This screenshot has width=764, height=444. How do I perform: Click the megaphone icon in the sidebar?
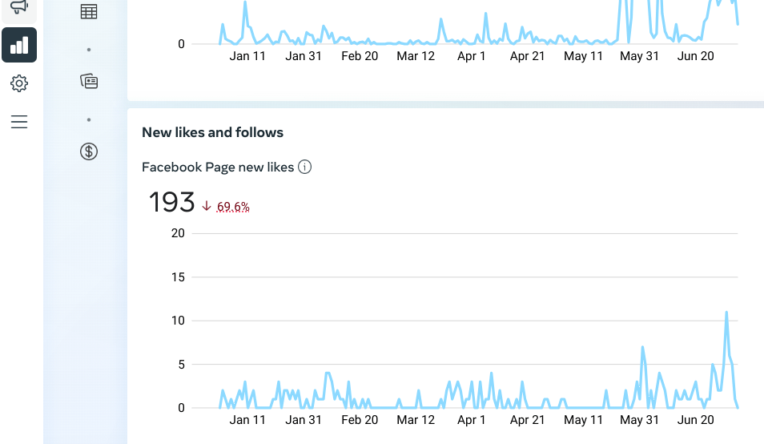pyautogui.click(x=19, y=7)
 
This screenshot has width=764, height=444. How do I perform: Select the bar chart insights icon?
pyautogui.click(x=19, y=45)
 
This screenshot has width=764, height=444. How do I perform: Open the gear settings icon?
pyautogui.click(x=19, y=83)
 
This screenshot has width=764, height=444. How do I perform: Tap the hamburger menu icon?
pyautogui.click(x=19, y=122)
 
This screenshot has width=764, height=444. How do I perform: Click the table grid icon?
pyautogui.click(x=89, y=12)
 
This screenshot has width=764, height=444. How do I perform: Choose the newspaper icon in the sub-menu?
pyautogui.click(x=89, y=81)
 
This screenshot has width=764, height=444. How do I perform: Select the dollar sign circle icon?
pyautogui.click(x=89, y=151)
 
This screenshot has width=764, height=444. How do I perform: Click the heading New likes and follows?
pyautogui.click(x=212, y=132)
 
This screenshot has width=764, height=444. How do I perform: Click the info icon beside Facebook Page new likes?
pyautogui.click(x=304, y=167)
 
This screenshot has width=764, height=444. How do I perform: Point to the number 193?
pyautogui.click(x=171, y=202)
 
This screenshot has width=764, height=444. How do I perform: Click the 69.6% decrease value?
pyautogui.click(x=233, y=207)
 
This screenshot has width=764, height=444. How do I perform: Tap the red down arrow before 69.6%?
pyautogui.click(x=207, y=206)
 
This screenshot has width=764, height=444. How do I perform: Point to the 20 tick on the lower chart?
pyautogui.click(x=178, y=234)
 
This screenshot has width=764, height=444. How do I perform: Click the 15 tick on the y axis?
pyautogui.click(x=178, y=277)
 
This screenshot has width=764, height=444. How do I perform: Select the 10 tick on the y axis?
pyautogui.click(x=178, y=321)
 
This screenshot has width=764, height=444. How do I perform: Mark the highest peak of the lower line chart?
pyautogui.click(x=726, y=313)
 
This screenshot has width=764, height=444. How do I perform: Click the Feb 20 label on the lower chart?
pyautogui.click(x=360, y=420)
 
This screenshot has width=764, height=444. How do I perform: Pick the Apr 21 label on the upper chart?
pyautogui.click(x=528, y=56)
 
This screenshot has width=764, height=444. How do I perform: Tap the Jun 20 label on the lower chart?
pyautogui.click(x=696, y=420)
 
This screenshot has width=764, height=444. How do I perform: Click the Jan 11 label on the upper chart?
pyautogui.click(x=247, y=56)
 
